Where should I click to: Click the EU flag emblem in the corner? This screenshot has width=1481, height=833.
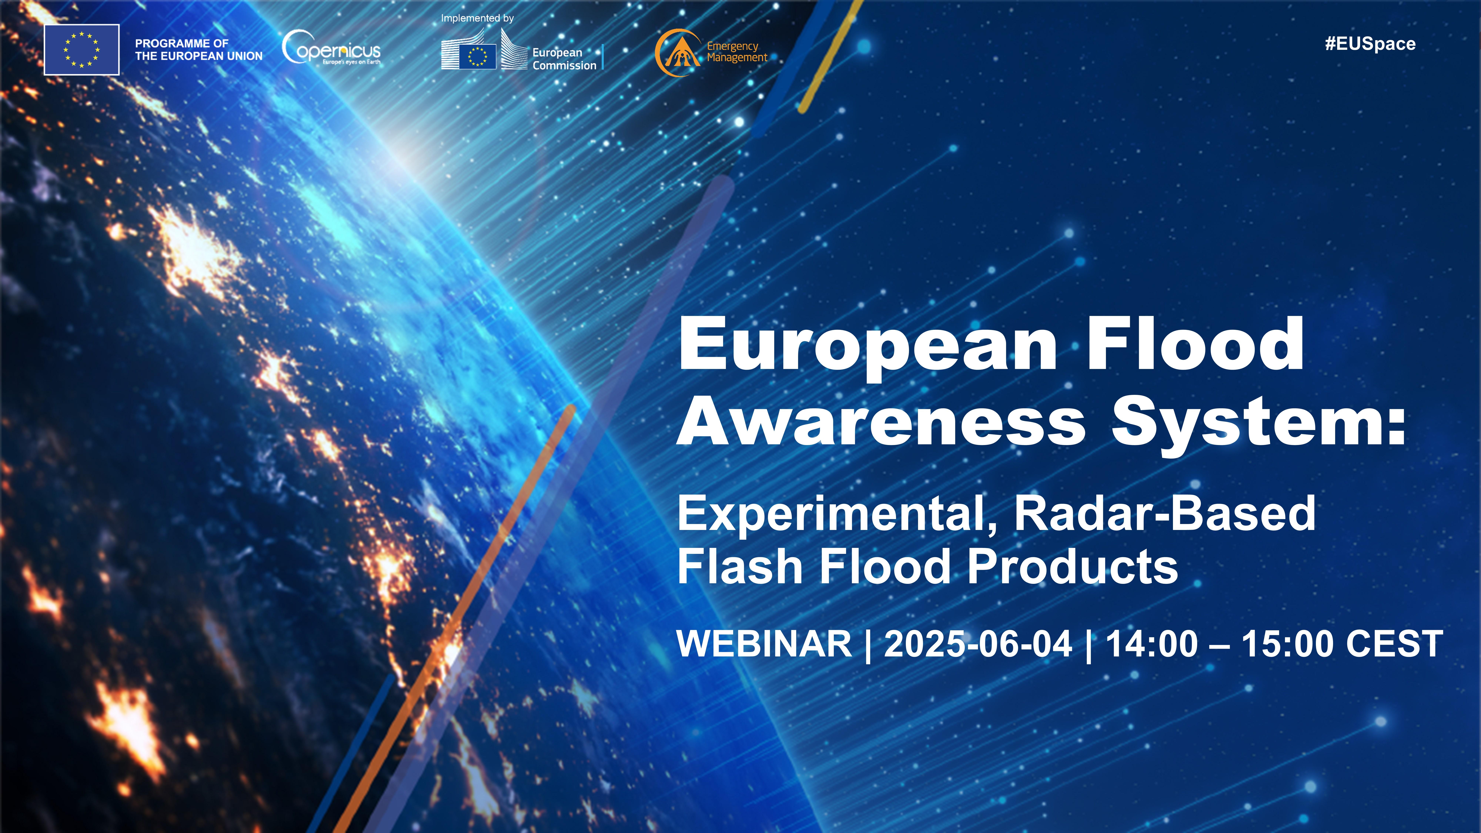point(82,50)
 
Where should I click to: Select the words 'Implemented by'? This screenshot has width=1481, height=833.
point(477,18)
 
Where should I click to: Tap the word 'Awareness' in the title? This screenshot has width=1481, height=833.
point(881,423)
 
